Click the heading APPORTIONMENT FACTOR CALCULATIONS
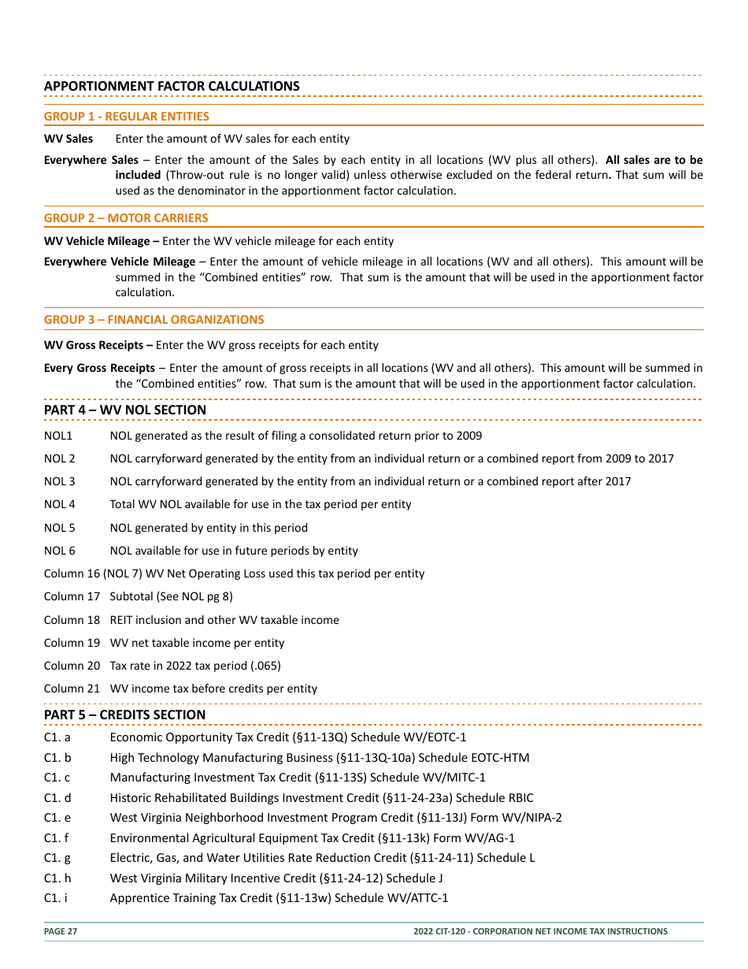[x=172, y=86]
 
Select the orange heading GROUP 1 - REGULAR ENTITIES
[x=126, y=117]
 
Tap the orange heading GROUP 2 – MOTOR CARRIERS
[x=126, y=218]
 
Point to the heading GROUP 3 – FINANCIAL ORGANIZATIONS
[x=154, y=320]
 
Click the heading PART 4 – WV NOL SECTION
[x=124, y=410]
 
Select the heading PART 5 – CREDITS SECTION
[x=124, y=715]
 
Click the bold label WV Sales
[x=68, y=139]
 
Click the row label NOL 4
[x=60, y=504]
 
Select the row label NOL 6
[x=60, y=551]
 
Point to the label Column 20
[x=72, y=666]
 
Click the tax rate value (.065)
[x=265, y=666]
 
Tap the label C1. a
[x=57, y=737]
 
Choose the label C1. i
[x=56, y=898]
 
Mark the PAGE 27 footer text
[x=61, y=931]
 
